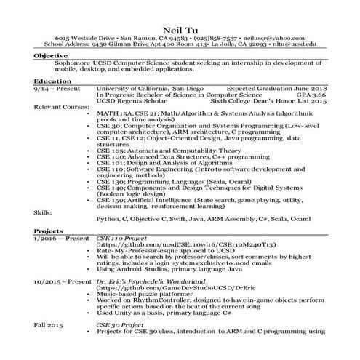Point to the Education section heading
click(x=52, y=81)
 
